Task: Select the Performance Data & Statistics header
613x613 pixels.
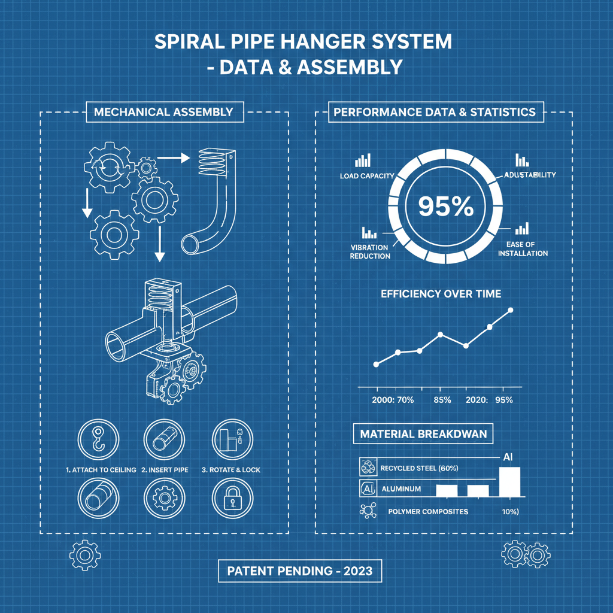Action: (435, 111)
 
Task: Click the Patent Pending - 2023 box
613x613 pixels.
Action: (300, 571)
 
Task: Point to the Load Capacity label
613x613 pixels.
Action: (366, 175)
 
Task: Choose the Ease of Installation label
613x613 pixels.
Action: (522, 248)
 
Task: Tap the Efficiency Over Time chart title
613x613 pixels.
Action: (441, 294)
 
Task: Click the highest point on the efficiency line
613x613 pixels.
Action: (511, 310)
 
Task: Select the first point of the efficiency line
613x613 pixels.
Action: (376, 364)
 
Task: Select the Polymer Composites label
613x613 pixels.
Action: (428, 512)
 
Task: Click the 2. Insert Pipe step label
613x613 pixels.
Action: (165, 470)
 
